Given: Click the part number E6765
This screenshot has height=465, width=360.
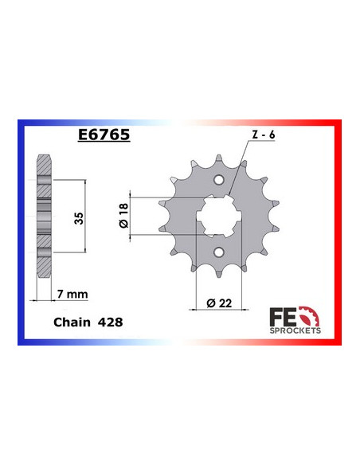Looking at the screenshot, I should click(x=101, y=135).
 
